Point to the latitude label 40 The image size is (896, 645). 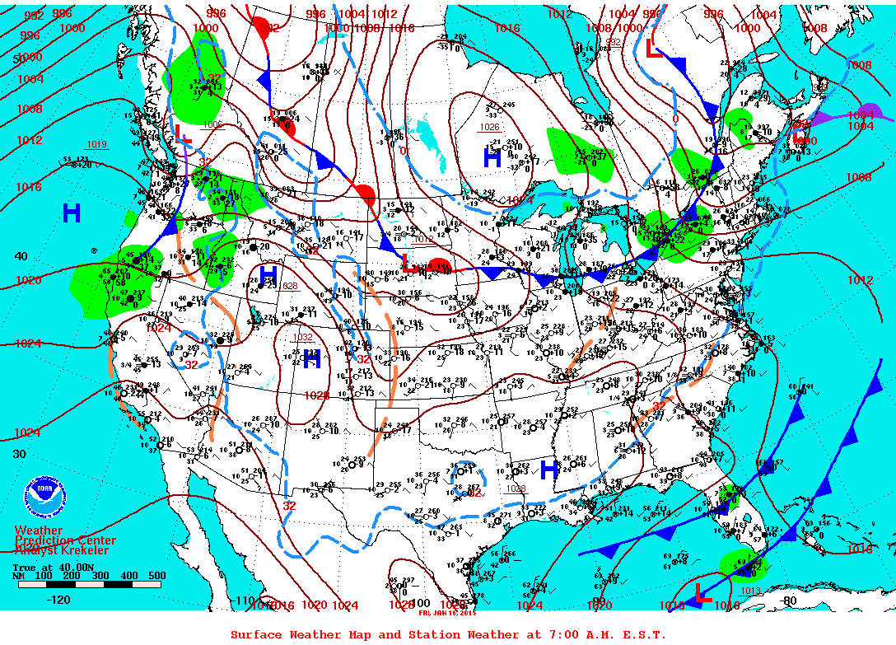[21, 256]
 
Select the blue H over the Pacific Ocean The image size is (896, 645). [72, 213]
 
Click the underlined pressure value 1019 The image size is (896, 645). [96, 145]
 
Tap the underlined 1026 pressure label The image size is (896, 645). [490, 127]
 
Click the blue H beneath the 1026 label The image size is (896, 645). [492, 158]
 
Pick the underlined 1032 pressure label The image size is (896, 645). [303, 337]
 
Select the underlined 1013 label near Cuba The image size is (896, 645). [750, 590]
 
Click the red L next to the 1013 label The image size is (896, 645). [702, 594]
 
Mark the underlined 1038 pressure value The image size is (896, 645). [516, 488]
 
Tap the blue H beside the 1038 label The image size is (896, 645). [548, 470]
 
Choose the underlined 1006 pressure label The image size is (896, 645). [212, 124]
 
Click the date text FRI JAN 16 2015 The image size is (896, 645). [446, 612]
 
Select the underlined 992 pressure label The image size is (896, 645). [614, 41]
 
